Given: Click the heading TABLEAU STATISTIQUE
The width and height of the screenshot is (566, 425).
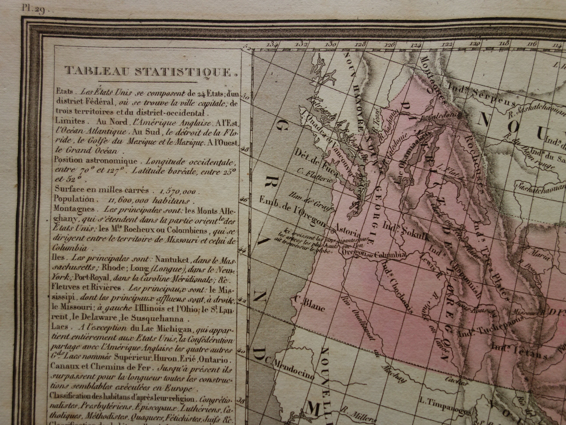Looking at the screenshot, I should pos(151,71).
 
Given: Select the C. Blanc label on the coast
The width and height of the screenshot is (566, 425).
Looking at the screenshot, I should pos(310,304).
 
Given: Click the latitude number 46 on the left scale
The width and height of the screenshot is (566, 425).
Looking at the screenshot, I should pos(244,199).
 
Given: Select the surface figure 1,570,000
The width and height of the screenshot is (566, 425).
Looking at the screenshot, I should pos(178,191).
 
